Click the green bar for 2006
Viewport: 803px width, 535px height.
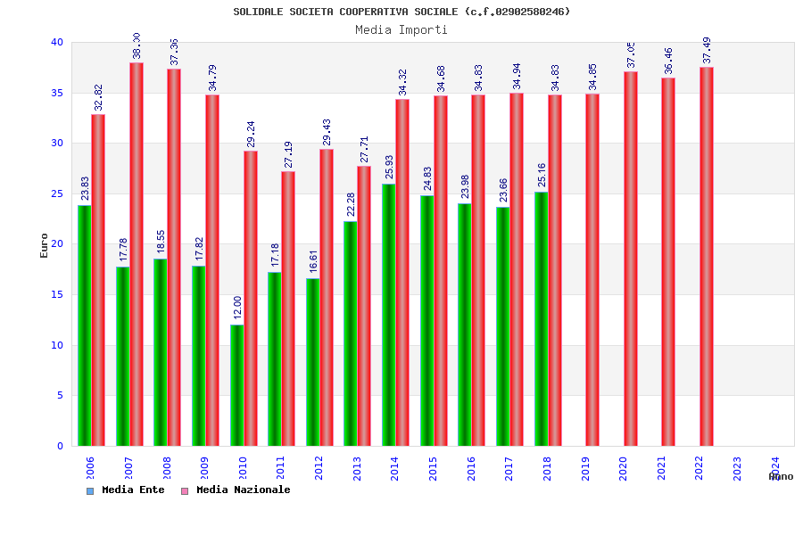[84, 325]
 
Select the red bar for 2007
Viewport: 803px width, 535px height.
[137, 254]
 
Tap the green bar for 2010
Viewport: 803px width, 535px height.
[236, 385]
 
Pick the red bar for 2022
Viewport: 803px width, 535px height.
[707, 257]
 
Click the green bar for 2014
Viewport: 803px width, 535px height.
[389, 315]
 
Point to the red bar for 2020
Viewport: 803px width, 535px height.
[631, 259]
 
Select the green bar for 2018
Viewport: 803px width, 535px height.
[542, 318]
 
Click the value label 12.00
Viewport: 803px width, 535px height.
[237, 308]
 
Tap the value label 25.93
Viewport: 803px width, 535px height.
[389, 168]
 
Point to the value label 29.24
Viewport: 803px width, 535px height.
[251, 135]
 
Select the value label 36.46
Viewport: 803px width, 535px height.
[668, 62]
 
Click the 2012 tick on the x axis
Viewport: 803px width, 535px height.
[319, 468]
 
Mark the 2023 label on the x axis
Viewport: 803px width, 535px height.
[737, 468]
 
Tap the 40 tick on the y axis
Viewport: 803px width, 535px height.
[56, 42]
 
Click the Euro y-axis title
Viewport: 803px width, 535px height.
[45, 245]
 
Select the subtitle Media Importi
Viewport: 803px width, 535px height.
[401, 29]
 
